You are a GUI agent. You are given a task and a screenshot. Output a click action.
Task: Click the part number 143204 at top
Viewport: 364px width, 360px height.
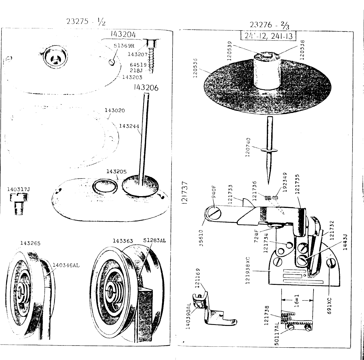(123, 34)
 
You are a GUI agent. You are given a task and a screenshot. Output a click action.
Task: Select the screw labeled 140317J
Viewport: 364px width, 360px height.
(17, 204)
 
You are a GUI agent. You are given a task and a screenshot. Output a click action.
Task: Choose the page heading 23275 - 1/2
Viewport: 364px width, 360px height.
(86, 22)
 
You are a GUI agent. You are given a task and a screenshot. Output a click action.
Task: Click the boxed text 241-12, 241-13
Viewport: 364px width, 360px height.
(267, 36)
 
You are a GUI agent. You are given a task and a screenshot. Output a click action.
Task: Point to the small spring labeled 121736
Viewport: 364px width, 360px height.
(267, 198)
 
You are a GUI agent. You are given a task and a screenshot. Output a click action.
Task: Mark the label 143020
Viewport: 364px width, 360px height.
(115, 110)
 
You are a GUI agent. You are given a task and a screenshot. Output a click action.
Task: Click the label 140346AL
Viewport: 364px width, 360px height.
(66, 265)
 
